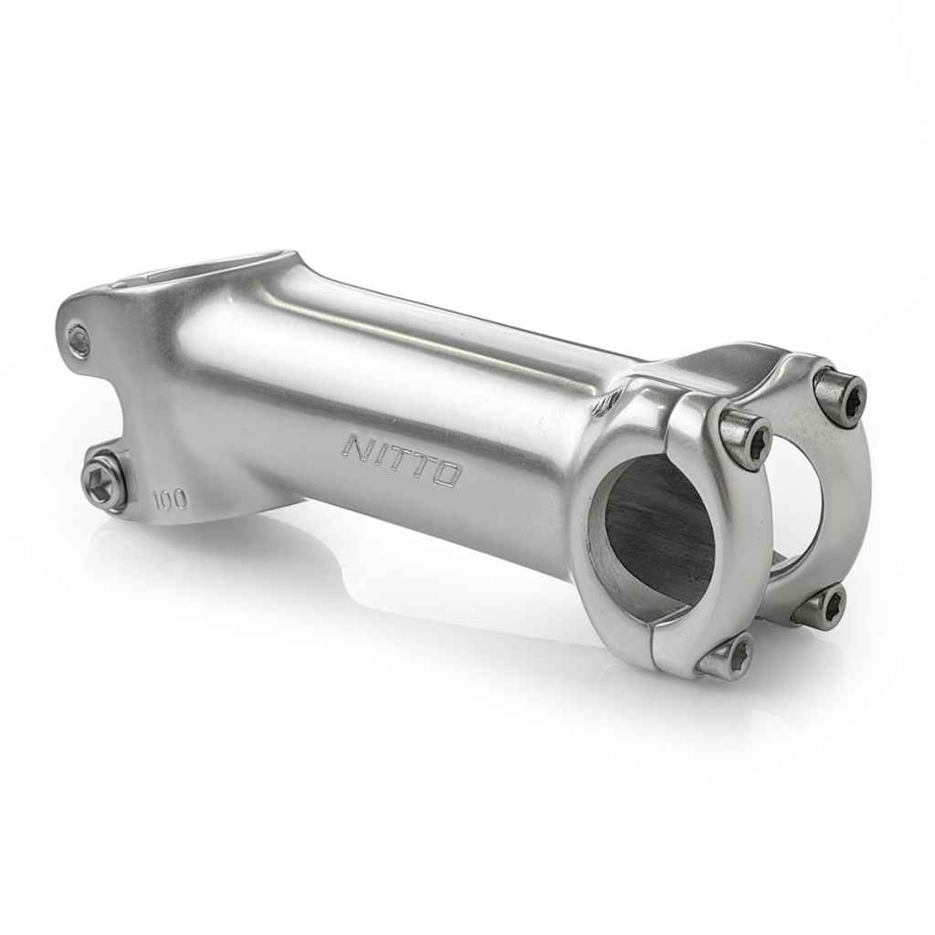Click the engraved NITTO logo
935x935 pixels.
point(402,459)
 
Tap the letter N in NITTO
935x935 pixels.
point(357,446)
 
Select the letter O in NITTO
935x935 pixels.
point(445,474)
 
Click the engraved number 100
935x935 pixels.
point(170,499)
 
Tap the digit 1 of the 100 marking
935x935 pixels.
point(157,497)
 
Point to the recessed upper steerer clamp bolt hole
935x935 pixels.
point(80,341)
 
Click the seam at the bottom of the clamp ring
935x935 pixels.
point(649,646)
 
